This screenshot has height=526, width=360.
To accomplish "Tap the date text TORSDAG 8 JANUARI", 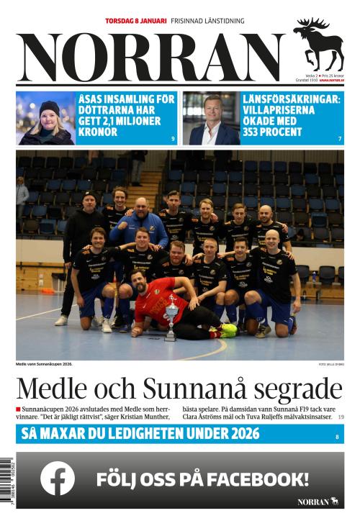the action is [x=135, y=22].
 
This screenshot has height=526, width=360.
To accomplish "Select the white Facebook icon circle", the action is [x=58, y=478].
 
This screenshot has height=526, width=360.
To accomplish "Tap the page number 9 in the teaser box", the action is [x=173, y=138].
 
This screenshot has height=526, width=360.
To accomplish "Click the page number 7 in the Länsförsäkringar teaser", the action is [x=340, y=138].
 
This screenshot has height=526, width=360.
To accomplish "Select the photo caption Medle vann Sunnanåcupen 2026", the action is [x=44, y=364].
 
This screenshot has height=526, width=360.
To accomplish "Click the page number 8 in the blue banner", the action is [x=337, y=437].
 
